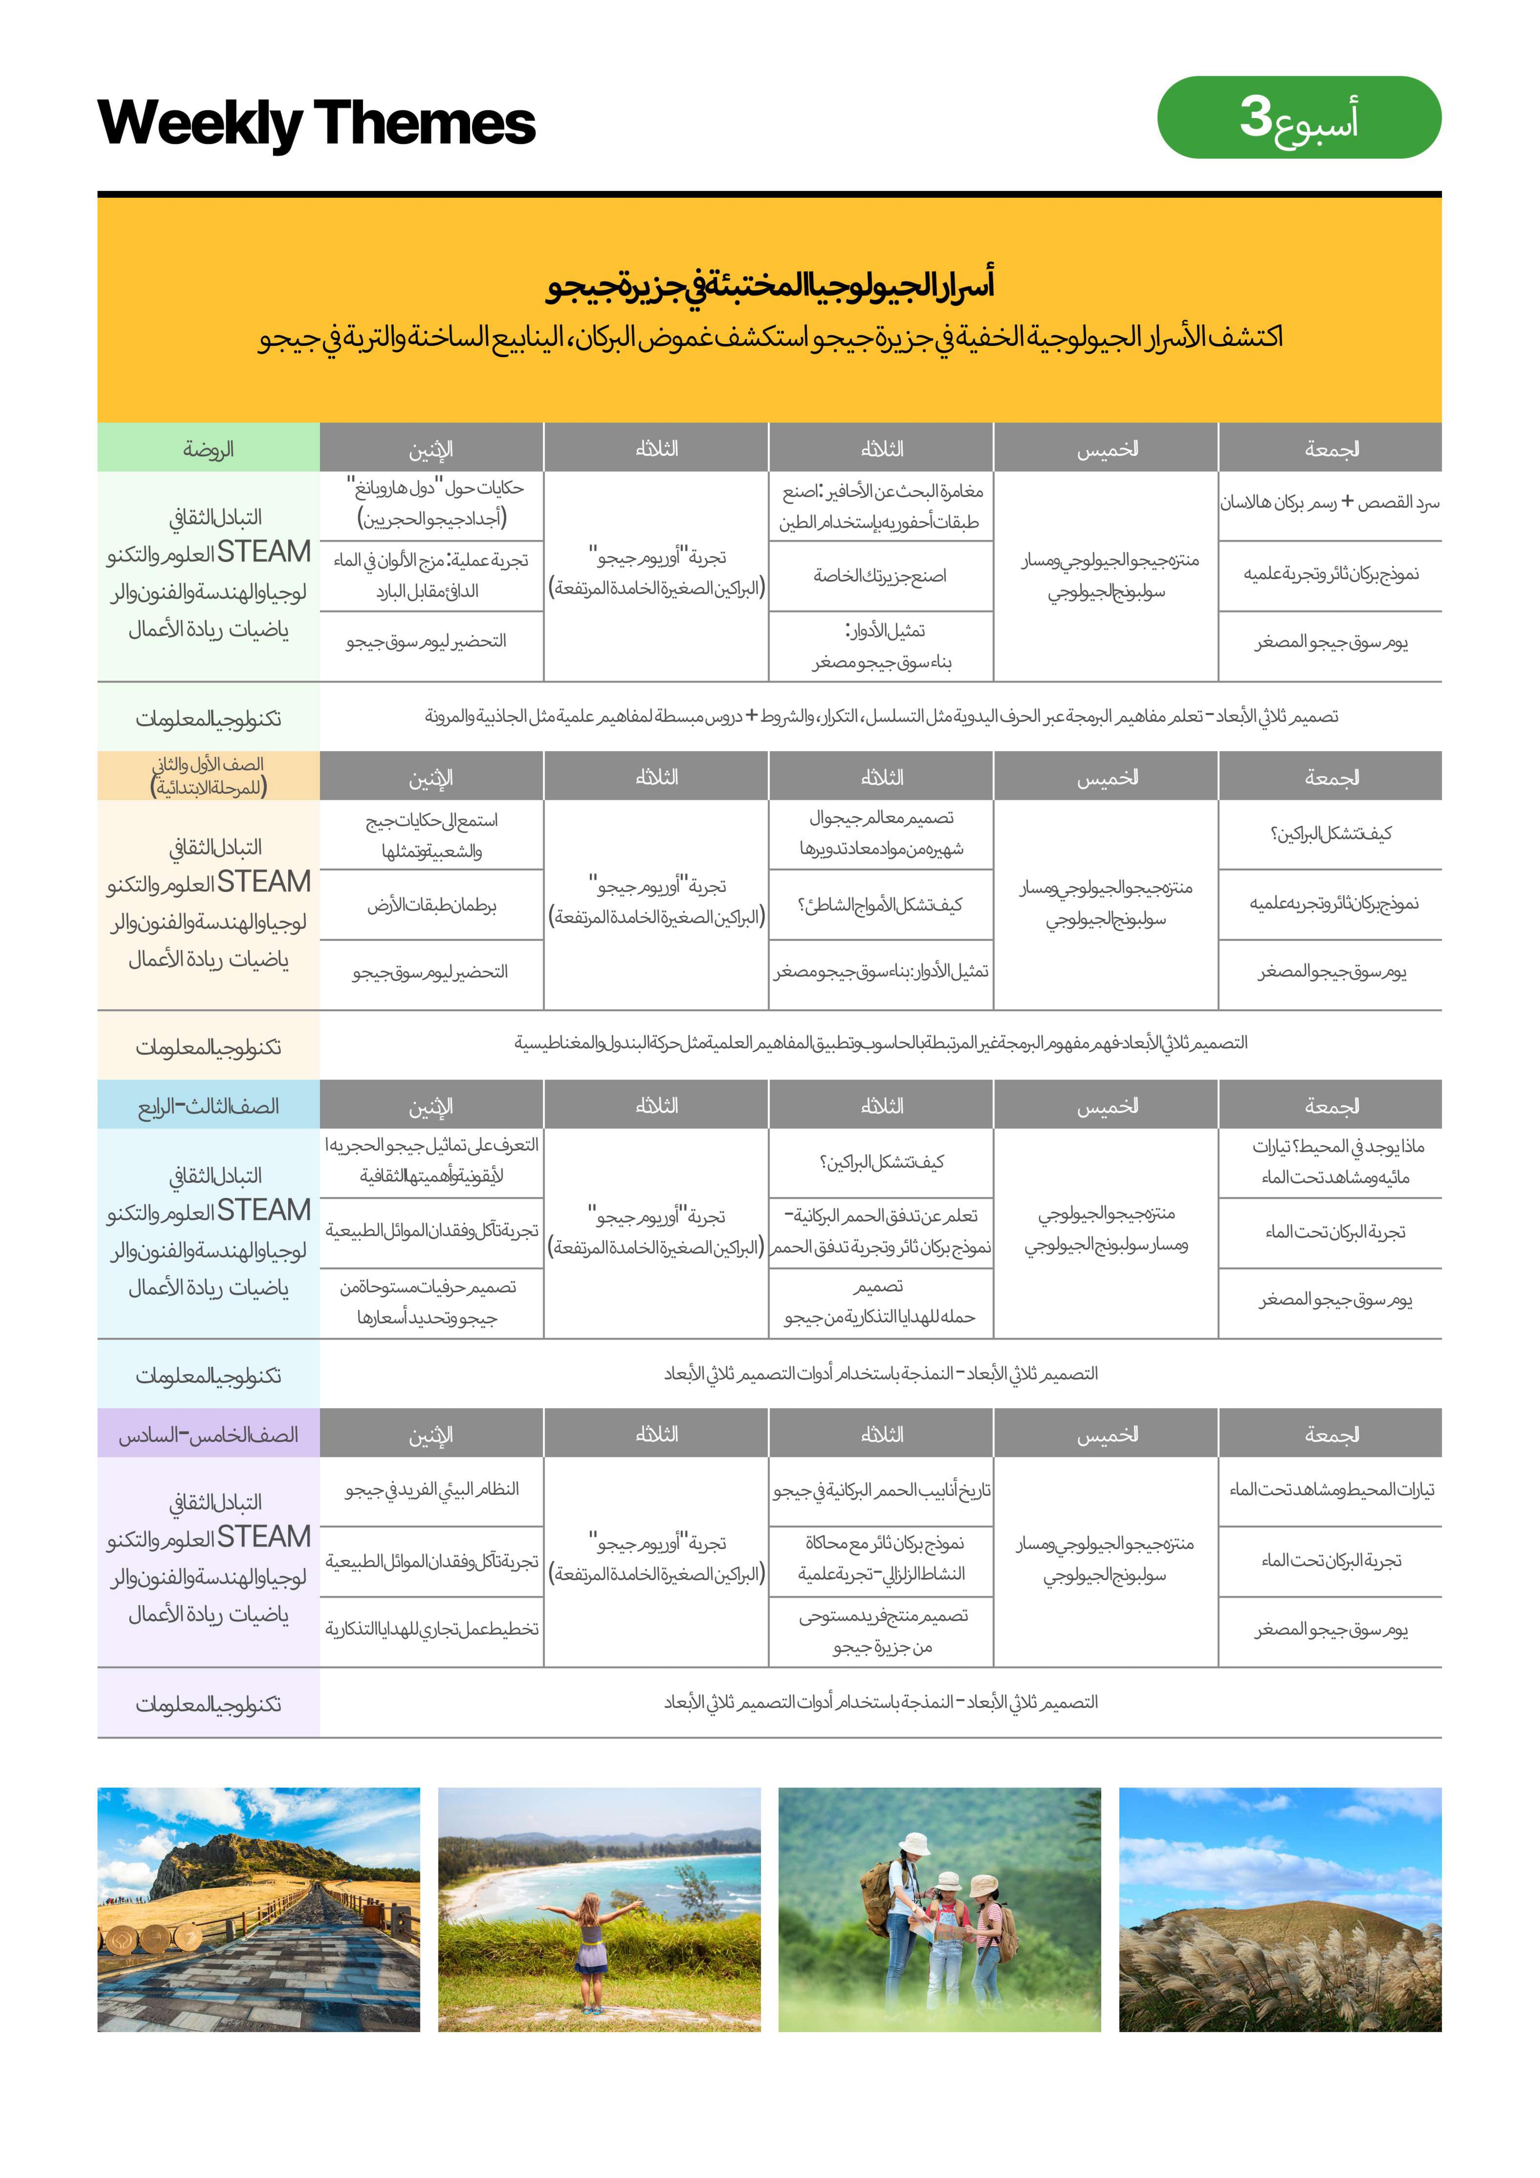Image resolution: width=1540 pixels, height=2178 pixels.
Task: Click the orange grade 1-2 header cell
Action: point(208,776)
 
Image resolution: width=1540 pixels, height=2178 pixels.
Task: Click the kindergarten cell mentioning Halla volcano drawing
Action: point(1329,503)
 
